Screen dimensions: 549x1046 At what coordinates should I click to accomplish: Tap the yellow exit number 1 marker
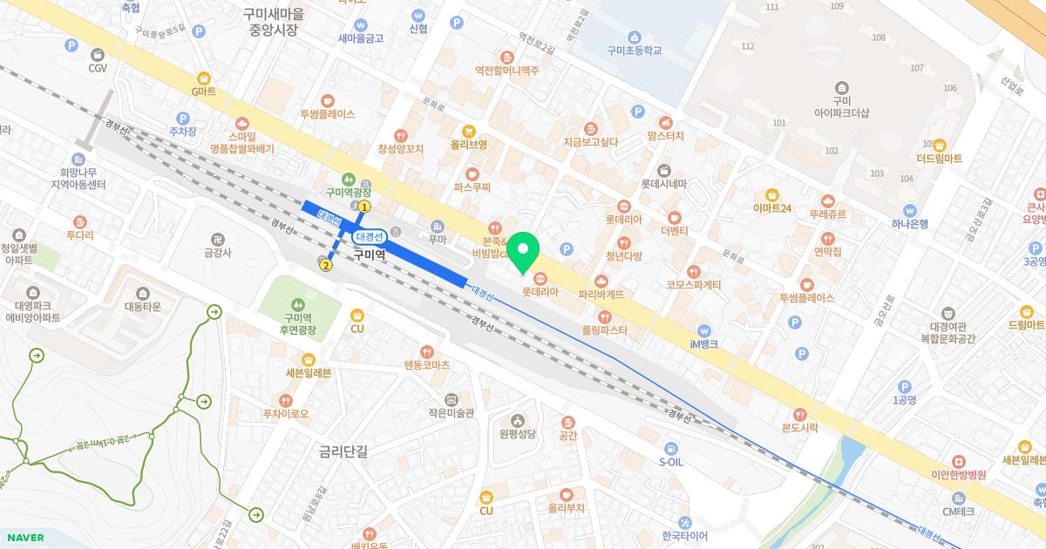364,207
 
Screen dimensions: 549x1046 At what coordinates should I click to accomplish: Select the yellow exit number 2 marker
325,265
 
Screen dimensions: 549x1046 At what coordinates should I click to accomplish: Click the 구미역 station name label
370,254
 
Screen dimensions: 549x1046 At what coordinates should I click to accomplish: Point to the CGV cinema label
98,67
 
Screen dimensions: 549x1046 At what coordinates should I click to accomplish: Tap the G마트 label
203,91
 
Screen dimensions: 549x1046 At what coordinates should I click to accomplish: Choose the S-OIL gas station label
670,462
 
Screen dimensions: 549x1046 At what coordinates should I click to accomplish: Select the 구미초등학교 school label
634,51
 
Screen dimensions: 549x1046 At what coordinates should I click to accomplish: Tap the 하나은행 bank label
909,223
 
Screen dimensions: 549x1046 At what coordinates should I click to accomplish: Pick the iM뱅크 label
703,344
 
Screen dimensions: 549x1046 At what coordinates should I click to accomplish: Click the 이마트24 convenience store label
771,208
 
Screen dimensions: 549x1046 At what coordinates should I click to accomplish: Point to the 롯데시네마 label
664,184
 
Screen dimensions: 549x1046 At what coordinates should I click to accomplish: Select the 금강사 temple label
217,253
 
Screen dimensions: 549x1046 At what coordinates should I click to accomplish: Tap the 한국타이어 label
684,536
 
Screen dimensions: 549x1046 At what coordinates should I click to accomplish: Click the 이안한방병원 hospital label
958,475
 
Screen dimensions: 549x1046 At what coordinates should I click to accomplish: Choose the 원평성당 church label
517,433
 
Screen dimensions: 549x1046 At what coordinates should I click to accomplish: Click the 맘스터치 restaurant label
665,136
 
